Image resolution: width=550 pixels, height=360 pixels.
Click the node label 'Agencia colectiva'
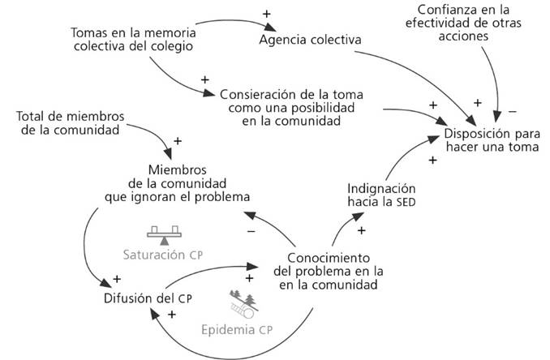pyautogui.click(x=310, y=40)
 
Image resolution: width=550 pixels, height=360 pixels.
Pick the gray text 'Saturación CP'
pyautogui.click(x=162, y=254)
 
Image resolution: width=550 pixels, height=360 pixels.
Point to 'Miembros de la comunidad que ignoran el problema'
pyautogui.click(x=187, y=183)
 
